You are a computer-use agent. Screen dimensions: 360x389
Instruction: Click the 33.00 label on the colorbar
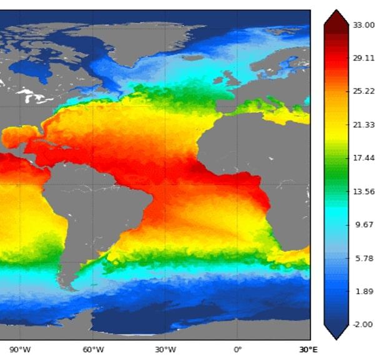pyautogui.click(x=363, y=25)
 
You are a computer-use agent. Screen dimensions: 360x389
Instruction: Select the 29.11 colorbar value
pyautogui.click(x=363, y=58)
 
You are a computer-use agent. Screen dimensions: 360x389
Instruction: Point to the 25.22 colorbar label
pyautogui.click(x=363, y=91)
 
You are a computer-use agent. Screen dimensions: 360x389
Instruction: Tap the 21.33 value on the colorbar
pyautogui.click(x=363, y=125)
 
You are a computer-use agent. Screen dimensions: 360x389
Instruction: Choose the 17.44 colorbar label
pyautogui.click(x=363, y=158)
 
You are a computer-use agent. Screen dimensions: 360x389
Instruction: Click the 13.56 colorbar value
pyautogui.click(x=363, y=192)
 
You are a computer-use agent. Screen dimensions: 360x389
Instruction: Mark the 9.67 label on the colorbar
pyautogui.click(x=362, y=225)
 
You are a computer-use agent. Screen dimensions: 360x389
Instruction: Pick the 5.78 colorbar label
pyautogui.click(x=362, y=258)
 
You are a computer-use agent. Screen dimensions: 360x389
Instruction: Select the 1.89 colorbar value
pyautogui.click(x=362, y=291)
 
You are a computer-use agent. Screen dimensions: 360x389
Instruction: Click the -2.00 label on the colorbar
pyautogui.click(x=362, y=324)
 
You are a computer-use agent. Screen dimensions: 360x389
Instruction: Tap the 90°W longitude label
pyautogui.click(x=21, y=349)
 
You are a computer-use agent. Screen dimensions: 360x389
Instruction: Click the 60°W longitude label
pyautogui.click(x=93, y=349)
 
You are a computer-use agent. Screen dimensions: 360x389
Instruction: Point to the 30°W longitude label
pyautogui.click(x=165, y=349)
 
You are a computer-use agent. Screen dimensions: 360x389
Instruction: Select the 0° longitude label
pyautogui.click(x=237, y=349)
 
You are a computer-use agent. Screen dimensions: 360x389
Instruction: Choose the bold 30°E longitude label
pyautogui.click(x=308, y=349)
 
